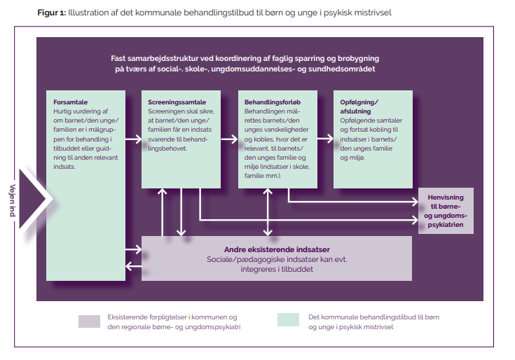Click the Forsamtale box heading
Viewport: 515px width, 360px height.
click(70, 102)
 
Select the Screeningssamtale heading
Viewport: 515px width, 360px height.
click(177, 102)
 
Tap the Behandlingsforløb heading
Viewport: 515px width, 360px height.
click(273, 102)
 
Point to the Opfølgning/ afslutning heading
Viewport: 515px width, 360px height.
click(359, 106)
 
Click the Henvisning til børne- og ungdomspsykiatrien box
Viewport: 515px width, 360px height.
click(446, 211)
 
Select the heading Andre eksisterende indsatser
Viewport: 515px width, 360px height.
click(277, 249)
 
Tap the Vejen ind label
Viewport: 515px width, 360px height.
click(13, 200)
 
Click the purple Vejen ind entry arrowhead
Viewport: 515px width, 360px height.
click(32, 199)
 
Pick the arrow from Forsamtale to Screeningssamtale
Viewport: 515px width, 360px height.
click(133, 139)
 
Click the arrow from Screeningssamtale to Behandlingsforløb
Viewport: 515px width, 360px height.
click(229, 139)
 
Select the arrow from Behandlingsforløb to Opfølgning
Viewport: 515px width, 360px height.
click(326, 139)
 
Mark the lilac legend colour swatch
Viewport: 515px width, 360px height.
click(89, 321)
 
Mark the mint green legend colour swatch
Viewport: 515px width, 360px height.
click(288, 319)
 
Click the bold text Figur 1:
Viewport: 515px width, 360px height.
click(52, 13)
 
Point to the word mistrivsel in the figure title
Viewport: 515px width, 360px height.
click(374, 13)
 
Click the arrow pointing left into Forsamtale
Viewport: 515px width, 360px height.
click(133, 266)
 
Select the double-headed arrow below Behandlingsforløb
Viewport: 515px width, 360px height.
click(268, 212)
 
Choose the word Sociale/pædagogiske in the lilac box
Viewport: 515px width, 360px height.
click(245, 260)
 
